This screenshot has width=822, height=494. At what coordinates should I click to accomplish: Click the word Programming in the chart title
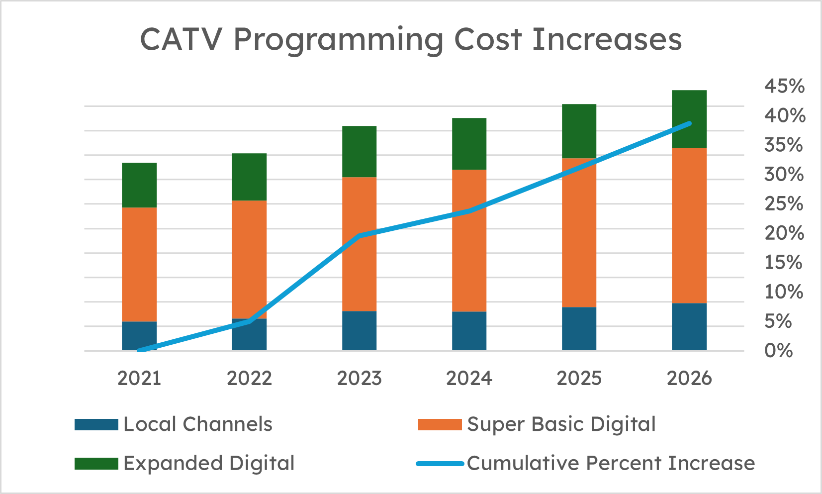click(x=338, y=40)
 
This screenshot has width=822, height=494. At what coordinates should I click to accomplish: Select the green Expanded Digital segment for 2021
click(x=139, y=185)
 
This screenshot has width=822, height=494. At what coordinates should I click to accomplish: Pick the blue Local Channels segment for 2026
click(x=689, y=327)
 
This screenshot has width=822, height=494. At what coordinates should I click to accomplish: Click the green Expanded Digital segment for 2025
click(x=579, y=131)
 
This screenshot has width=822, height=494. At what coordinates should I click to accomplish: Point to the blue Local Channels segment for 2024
click(x=469, y=331)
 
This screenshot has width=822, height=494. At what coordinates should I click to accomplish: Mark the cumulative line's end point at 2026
click(x=689, y=123)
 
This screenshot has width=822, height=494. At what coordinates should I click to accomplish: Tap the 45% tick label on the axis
click(x=784, y=87)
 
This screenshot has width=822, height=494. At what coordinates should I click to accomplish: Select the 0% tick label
click(x=778, y=351)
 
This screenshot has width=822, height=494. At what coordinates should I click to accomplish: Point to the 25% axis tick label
click(x=784, y=204)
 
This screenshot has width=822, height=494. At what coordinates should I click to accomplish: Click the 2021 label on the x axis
click(x=139, y=379)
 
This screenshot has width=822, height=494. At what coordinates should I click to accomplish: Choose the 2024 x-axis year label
click(x=469, y=379)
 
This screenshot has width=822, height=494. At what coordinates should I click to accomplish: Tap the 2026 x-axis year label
click(x=689, y=379)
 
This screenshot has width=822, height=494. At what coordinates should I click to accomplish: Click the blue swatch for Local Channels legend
click(x=96, y=425)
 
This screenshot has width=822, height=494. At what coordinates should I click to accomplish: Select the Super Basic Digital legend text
click(x=561, y=424)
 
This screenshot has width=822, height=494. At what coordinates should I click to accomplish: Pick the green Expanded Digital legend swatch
click(x=96, y=464)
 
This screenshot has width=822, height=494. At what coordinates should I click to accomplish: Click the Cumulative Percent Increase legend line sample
click(x=440, y=464)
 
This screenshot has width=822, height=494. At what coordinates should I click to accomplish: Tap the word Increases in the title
click(x=607, y=40)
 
